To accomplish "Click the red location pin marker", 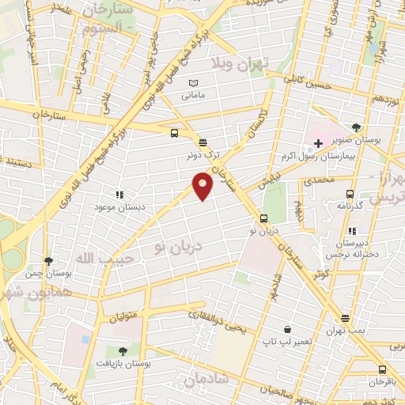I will point(203,185).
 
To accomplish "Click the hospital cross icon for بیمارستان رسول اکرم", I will point(319,143).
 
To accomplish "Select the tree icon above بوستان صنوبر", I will point(358,127).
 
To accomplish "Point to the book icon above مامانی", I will point(194,83).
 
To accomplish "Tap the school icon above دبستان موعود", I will point(119,194).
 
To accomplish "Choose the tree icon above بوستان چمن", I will point(49,260).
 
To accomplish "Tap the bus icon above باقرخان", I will point(384,369).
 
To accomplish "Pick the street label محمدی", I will point(341,180).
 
